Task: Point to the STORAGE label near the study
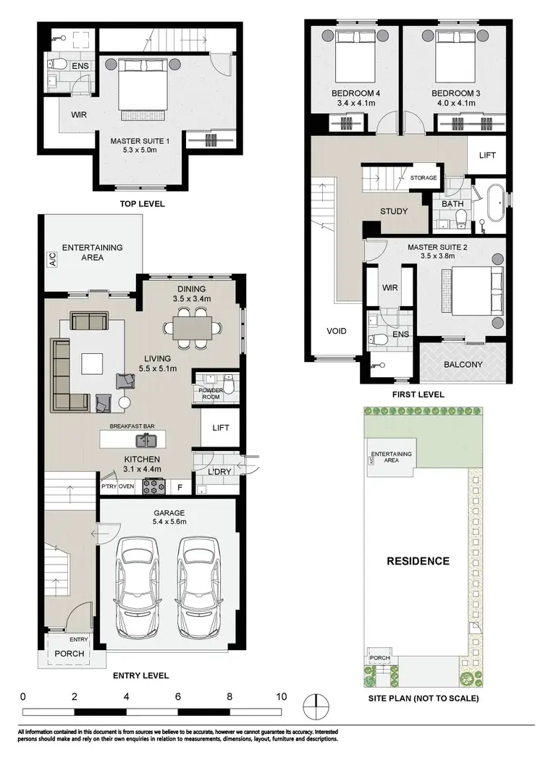pos(423,177)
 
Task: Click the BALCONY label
pos(463,364)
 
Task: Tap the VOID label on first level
pos(336,331)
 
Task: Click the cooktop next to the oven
pos(153,486)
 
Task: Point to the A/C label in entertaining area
pos(52,259)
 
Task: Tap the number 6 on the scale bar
pos(178,696)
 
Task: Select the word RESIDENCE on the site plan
pos(417,560)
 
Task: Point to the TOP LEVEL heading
pos(142,203)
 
